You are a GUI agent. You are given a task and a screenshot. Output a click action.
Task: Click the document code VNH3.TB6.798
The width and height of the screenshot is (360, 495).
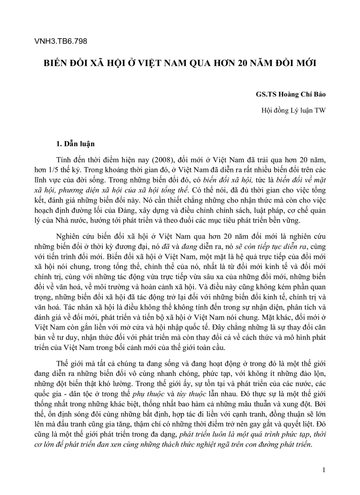(60, 41)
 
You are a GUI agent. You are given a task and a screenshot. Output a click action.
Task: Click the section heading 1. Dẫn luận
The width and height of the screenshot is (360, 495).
(75, 144)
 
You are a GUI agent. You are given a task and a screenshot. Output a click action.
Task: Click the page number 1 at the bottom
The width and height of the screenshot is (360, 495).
(324, 470)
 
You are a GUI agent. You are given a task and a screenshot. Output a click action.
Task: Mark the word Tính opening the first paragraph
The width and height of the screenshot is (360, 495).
(64, 159)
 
